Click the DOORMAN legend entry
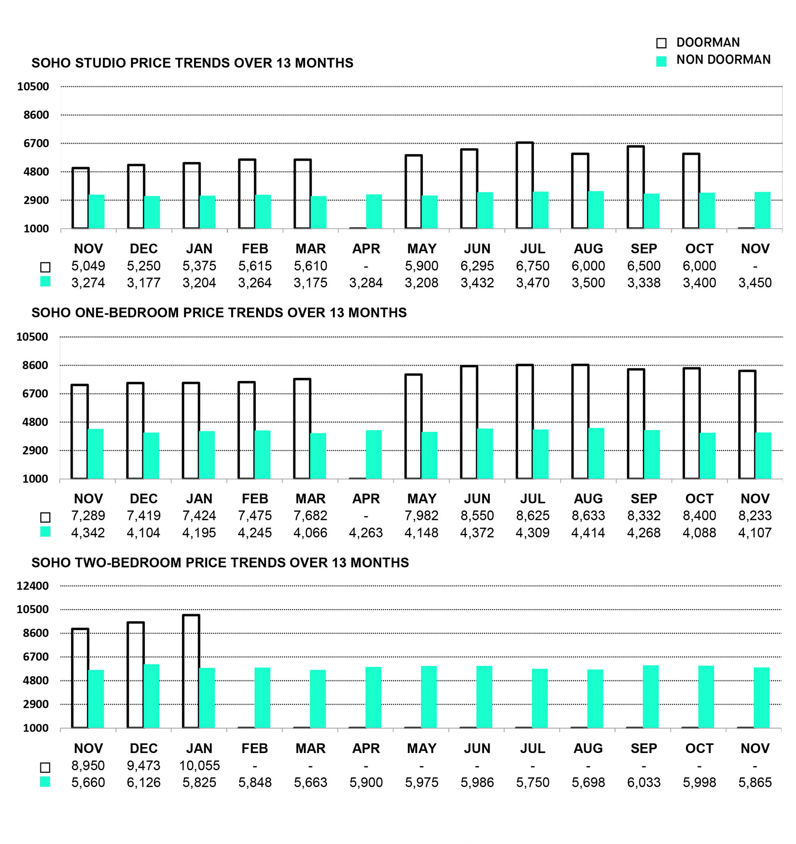(707, 43)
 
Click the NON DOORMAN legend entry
(722, 60)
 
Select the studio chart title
(192, 63)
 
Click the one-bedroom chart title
(219, 313)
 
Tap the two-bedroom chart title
(220, 563)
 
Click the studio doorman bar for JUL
(524, 186)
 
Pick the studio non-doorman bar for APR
(374, 212)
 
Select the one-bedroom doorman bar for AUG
(580, 422)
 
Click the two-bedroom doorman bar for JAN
(191, 671)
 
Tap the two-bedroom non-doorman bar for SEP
(651, 697)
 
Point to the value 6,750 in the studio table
(532, 266)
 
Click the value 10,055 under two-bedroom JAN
(199, 766)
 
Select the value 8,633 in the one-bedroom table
(588, 516)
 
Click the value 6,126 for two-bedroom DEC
(144, 783)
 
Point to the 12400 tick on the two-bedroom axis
(33, 586)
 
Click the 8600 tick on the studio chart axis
(37, 115)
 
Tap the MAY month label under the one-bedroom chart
(421, 499)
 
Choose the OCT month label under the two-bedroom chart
(699, 749)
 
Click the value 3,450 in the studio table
(755, 283)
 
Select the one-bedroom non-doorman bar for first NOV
(96, 454)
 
